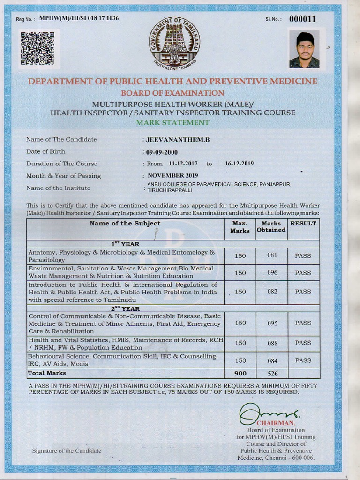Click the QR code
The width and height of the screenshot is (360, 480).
tap(38, 48)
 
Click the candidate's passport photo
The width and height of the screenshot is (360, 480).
tap(304, 49)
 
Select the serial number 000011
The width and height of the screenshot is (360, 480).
tap(302, 19)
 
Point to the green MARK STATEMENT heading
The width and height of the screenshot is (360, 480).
tap(172, 122)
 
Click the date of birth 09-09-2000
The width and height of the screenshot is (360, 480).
tap(162, 152)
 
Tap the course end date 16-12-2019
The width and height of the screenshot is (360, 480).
tap(239, 164)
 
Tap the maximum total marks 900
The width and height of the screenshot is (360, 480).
tap(240, 374)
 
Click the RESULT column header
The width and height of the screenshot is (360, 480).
tap(303, 224)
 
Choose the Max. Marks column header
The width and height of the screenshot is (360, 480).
tap(240, 227)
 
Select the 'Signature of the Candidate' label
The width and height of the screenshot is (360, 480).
tap(67, 450)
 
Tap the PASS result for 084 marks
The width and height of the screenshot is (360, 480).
tap(303, 360)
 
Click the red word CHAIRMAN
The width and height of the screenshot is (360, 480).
tap(280, 423)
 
